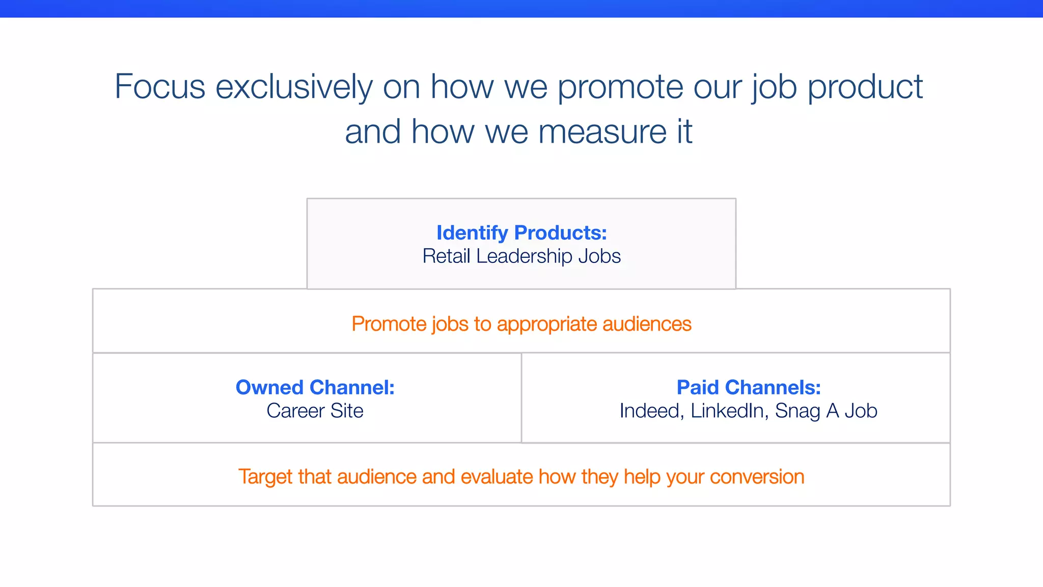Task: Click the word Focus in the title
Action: [159, 87]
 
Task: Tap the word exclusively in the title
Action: [294, 87]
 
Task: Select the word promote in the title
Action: [620, 87]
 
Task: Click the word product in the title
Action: [865, 87]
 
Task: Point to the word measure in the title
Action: [602, 131]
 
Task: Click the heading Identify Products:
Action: [521, 233]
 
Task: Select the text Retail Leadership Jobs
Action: [521, 256]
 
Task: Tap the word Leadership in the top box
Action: [524, 256]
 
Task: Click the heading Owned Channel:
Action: [315, 388]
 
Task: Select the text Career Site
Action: [315, 411]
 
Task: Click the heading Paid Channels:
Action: [748, 388]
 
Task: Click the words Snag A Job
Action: [826, 411]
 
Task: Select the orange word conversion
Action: [757, 477]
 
